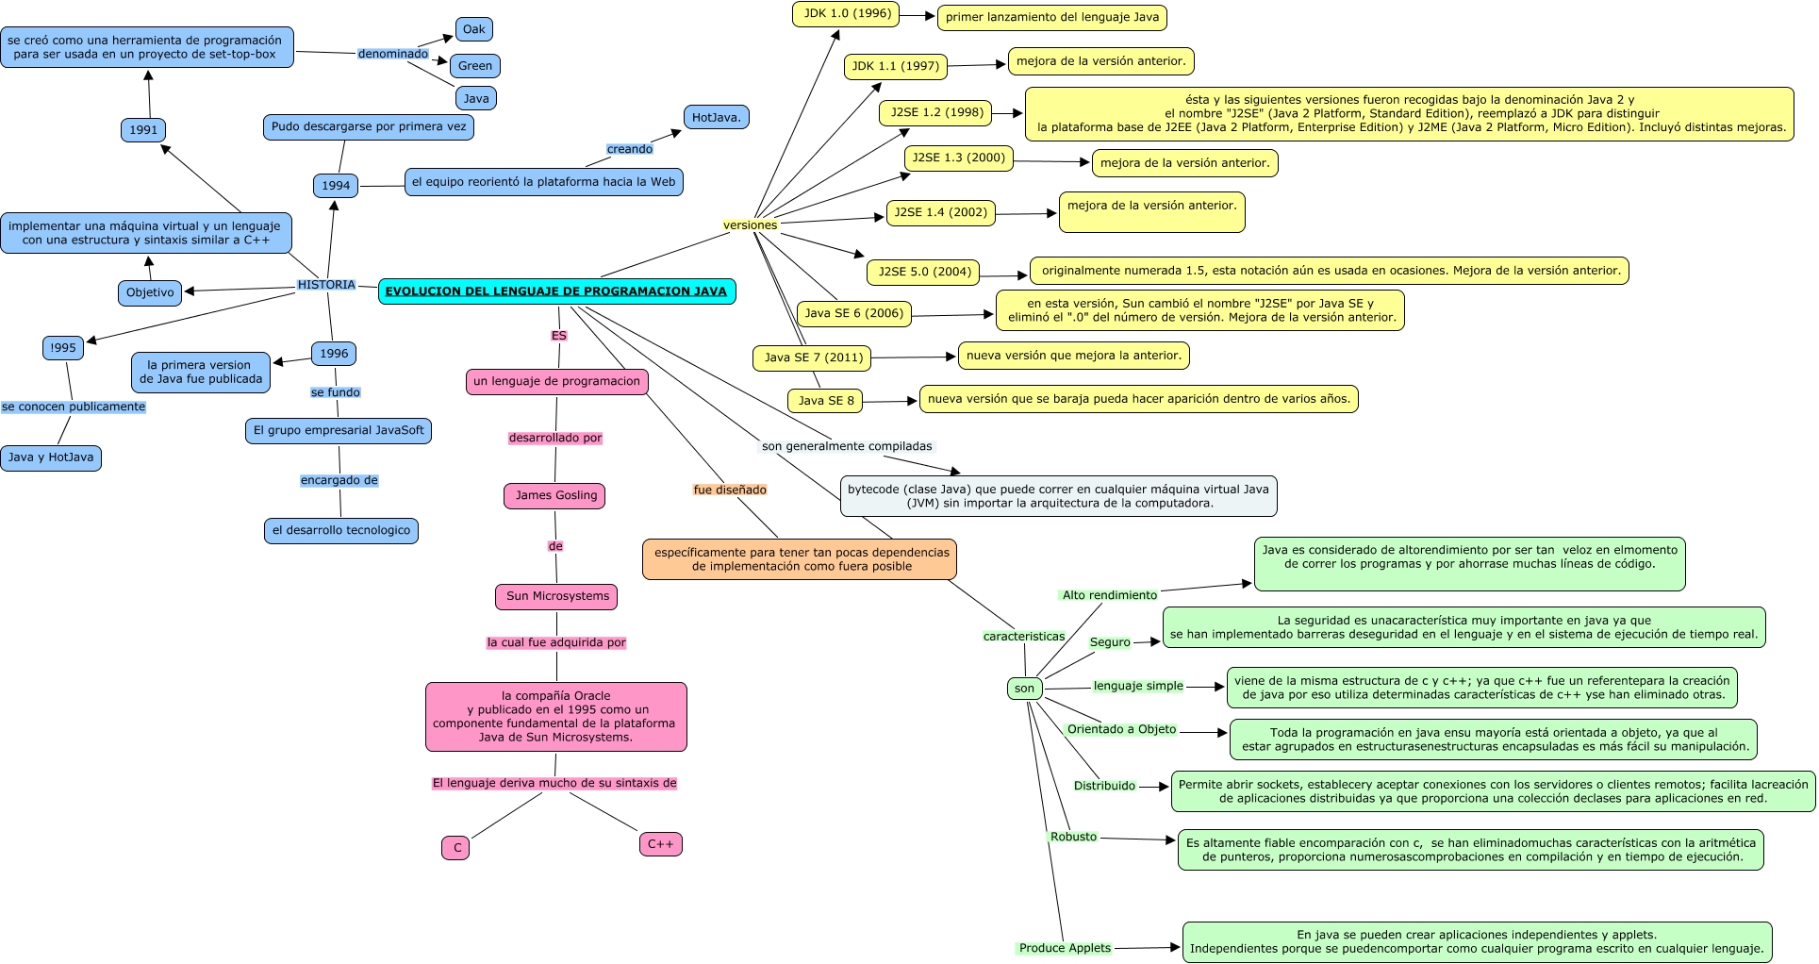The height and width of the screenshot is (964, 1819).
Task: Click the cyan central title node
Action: click(556, 291)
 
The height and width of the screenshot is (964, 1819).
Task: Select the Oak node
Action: click(473, 29)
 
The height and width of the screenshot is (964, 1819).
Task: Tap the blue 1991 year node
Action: click(143, 129)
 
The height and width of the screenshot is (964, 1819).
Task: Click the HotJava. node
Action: click(716, 118)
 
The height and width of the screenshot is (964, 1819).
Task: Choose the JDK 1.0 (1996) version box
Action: click(847, 14)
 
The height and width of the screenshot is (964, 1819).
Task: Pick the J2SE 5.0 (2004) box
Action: click(924, 272)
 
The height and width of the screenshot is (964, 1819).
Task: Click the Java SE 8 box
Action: click(825, 401)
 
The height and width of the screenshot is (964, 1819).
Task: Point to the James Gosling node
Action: click(556, 495)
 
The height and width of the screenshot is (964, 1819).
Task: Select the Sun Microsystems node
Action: click(557, 596)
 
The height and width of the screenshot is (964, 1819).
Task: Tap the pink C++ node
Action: click(660, 844)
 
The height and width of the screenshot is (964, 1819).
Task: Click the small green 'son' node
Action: click(1024, 689)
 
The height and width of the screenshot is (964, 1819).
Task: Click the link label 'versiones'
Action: click(750, 225)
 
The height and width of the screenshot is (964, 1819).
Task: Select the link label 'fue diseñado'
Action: click(730, 490)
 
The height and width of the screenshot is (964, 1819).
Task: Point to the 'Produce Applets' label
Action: click(1065, 948)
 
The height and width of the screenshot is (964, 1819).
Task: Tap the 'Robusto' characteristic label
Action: click(1073, 837)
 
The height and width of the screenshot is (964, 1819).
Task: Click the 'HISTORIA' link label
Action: click(326, 285)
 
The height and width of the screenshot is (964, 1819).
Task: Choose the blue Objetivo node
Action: click(150, 292)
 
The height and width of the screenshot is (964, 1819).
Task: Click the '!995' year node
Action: click(63, 348)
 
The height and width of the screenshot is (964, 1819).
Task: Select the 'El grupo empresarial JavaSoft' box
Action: click(339, 430)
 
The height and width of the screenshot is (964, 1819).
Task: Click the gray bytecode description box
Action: click(1058, 496)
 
